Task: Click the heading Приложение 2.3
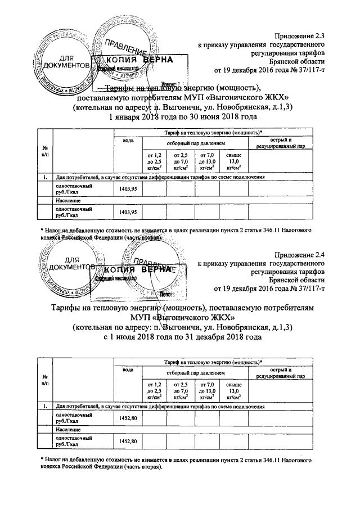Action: coord(300,35)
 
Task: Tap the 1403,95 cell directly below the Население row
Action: coord(128,212)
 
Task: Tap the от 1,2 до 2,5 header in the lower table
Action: coord(154,391)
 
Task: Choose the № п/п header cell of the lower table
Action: coord(44,380)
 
